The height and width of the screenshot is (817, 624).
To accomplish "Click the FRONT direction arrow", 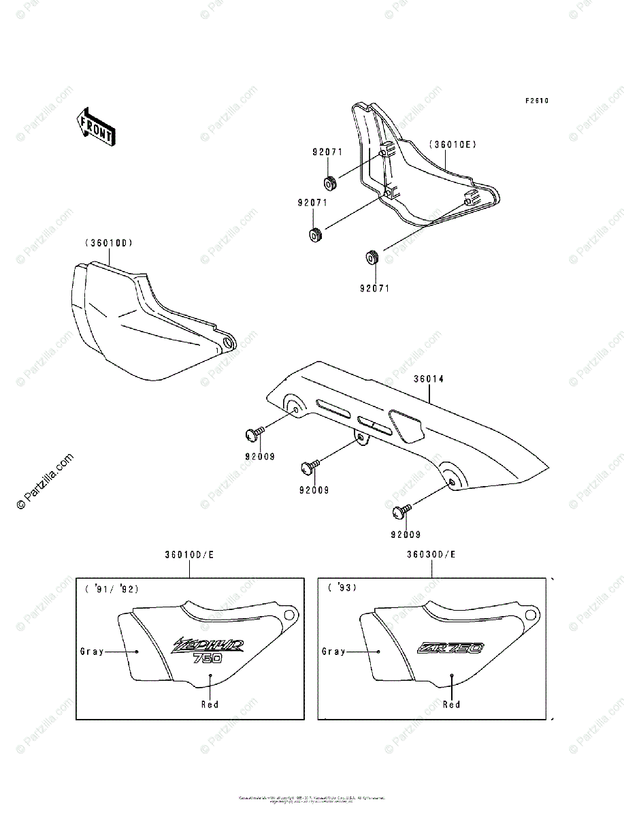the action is (95, 127).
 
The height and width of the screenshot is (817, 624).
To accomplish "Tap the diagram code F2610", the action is (536, 101).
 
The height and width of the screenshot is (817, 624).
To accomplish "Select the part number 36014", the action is (427, 379).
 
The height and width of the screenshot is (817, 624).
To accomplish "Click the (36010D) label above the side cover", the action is (109, 243).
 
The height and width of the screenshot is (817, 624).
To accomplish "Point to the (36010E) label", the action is (453, 144).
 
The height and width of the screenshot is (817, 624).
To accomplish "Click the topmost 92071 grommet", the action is (331, 184).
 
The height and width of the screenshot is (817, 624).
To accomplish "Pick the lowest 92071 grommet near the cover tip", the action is (372, 258).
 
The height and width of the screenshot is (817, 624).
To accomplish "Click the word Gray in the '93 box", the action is (333, 652).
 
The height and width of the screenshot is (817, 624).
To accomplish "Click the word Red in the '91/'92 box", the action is (210, 705).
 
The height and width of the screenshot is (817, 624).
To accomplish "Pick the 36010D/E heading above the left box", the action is (189, 555).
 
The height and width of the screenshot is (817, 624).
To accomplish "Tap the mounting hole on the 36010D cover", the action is (227, 343).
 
